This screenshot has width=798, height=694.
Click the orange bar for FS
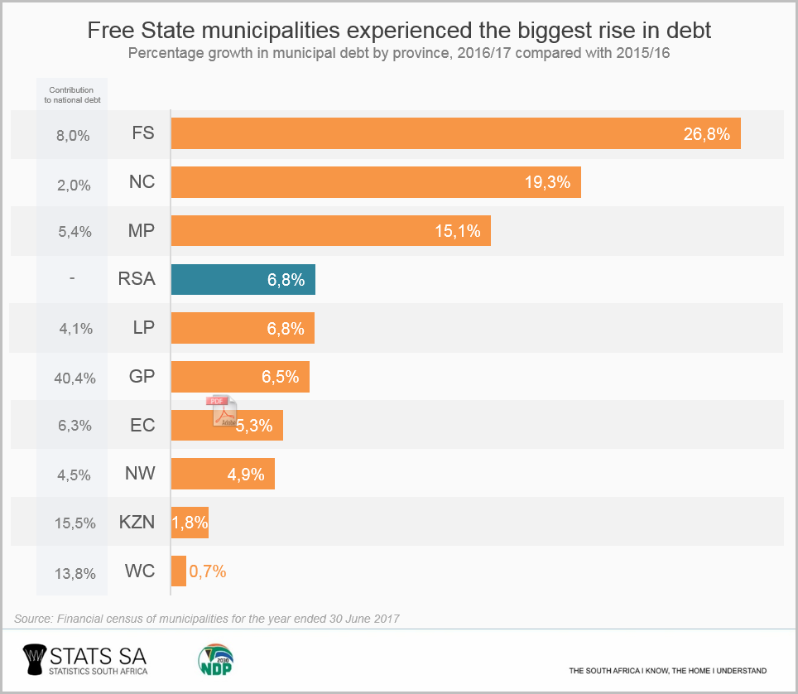pos(455,133)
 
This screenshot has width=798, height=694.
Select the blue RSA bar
pos(243,280)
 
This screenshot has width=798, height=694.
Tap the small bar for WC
pos(178,571)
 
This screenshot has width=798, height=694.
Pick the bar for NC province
pos(376,182)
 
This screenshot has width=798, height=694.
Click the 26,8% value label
pos(706,134)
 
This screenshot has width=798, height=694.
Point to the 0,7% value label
pos(208,571)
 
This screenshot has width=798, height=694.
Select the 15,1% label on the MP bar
pos(458,231)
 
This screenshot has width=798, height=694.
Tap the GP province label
pos(142,377)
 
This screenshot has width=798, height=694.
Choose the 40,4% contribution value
pos(72,378)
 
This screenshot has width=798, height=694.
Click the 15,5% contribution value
pos(72,523)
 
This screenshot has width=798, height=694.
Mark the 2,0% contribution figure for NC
pos(72,185)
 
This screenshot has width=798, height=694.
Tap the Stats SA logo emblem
pos(33,660)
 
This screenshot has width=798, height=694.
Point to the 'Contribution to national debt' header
pos(71,94)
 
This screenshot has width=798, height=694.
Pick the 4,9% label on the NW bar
pos(246,475)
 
